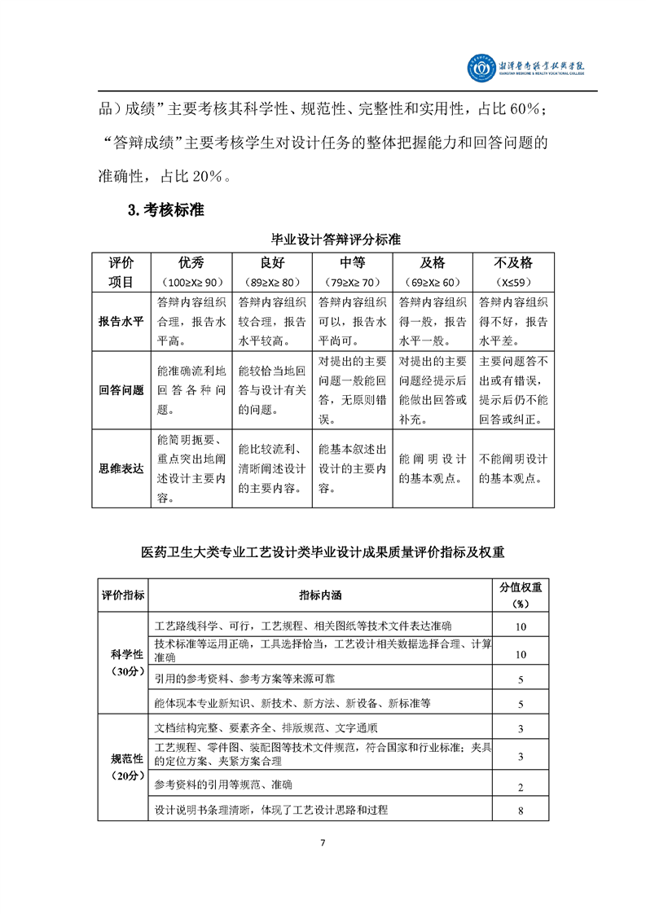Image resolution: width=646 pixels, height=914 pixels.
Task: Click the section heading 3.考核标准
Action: point(165,210)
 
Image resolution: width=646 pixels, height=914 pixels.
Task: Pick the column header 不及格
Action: point(513,263)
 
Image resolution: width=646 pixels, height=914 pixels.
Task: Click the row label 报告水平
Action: point(121,321)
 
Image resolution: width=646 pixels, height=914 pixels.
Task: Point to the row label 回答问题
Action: point(121,390)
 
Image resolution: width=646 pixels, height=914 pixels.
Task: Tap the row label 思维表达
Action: point(121,468)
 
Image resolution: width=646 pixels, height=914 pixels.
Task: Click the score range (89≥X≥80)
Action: point(272,282)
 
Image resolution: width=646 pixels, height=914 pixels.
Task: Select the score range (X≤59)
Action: point(513,282)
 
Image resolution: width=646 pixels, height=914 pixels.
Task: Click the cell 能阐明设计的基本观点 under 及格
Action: point(433,469)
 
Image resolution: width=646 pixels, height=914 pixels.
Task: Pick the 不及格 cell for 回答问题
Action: point(513,390)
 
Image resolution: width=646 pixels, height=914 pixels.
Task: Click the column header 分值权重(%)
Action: point(520,595)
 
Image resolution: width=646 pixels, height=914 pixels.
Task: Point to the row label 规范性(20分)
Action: point(123,767)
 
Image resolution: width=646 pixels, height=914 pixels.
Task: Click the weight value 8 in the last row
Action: point(520,811)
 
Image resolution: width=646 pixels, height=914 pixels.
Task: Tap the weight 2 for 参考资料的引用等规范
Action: point(520,787)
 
